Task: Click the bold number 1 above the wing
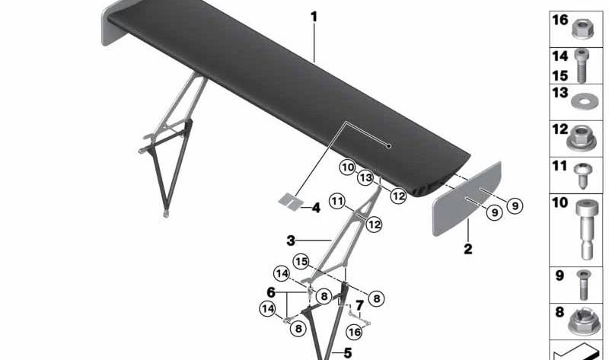[314, 17]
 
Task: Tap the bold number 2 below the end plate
[468, 249]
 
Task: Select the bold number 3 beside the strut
[291, 241]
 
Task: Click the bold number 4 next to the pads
[316, 208]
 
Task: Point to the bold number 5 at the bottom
[348, 353]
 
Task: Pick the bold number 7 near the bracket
[359, 305]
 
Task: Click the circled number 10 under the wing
[347, 167]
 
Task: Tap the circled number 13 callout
[365, 178]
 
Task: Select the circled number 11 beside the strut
[337, 201]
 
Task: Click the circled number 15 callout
[301, 261]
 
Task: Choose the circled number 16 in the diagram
[354, 332]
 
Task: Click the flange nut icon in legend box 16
[582, 29]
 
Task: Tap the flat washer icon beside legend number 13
[582, 101]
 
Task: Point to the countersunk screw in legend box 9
[582, 285]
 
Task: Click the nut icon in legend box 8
[582, 322]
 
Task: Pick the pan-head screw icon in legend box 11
[583, 176]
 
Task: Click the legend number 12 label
[560, 129]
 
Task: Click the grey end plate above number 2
[467, 199]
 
